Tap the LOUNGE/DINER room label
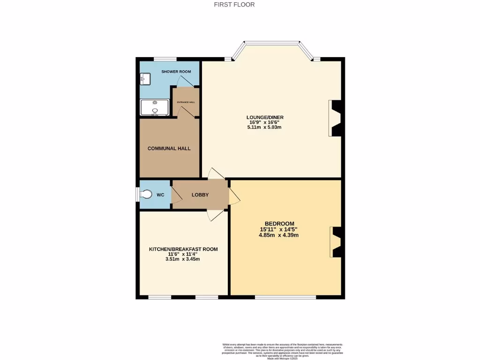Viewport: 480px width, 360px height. click(265, 117)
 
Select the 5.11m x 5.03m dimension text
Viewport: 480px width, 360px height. click(265, 127)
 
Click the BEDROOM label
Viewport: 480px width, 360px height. click(279, 223)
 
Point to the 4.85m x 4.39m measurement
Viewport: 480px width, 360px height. click(279, 235)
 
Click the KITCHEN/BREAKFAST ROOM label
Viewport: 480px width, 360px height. click(183, 249)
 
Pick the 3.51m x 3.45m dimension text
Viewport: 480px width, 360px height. click(183, 259)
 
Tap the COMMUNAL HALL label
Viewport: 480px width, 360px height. click(169, 148)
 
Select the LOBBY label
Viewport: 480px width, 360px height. click(200, 195)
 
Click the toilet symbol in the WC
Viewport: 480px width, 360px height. click(146, 194)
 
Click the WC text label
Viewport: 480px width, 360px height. click(160, 195)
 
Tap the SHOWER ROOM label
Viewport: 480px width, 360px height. click(176, 72)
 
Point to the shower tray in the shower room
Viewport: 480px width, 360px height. click(155, 107)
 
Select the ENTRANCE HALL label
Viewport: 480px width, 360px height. click(186, 102)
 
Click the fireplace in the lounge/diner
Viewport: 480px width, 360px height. click(335, 118)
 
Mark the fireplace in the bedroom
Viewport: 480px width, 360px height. click(336, 242)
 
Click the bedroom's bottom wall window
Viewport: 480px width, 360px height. click(285, 297)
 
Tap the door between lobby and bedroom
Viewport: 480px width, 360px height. click(234, 196)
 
